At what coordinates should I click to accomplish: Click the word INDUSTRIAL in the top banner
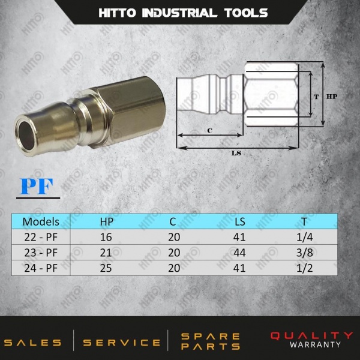click(x=179, y=13)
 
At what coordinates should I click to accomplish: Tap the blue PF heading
click(x=37, y=186)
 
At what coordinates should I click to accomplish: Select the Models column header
click(x=41, y=222)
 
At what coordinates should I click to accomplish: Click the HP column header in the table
click(x=107, y=222)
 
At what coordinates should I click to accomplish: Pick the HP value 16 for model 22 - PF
click(x=106, y=237)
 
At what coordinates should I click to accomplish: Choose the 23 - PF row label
click(x=41, y=253)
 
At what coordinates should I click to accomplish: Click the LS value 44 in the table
click(x=239, y=253)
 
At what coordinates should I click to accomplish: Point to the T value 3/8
click(x=304, y=253)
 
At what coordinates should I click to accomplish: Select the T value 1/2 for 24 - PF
click(x=304, y=268)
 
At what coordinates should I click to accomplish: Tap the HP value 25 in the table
click(x=106, y=268)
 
